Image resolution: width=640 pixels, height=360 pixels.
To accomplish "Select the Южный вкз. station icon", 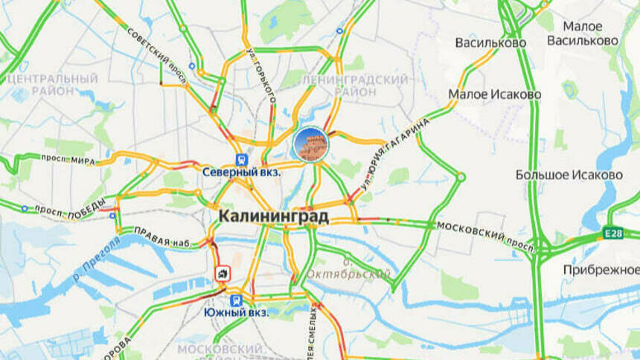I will point(236,300).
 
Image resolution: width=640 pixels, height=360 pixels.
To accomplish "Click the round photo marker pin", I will point(310,144).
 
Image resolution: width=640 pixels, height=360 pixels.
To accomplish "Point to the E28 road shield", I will point(613,234).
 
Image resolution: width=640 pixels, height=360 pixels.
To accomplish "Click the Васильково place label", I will point(490,42).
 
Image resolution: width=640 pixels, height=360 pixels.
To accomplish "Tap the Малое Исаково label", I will point(494,94).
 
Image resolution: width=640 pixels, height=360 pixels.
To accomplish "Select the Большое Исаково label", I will point(569,175).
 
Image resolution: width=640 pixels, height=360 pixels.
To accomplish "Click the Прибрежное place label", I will point(600,269).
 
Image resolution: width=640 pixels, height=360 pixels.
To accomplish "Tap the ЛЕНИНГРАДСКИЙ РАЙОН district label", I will point(365,85).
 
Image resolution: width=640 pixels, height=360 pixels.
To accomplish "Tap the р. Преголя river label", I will point(97,260).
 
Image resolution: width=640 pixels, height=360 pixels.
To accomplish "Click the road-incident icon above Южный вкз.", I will point(223,273).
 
